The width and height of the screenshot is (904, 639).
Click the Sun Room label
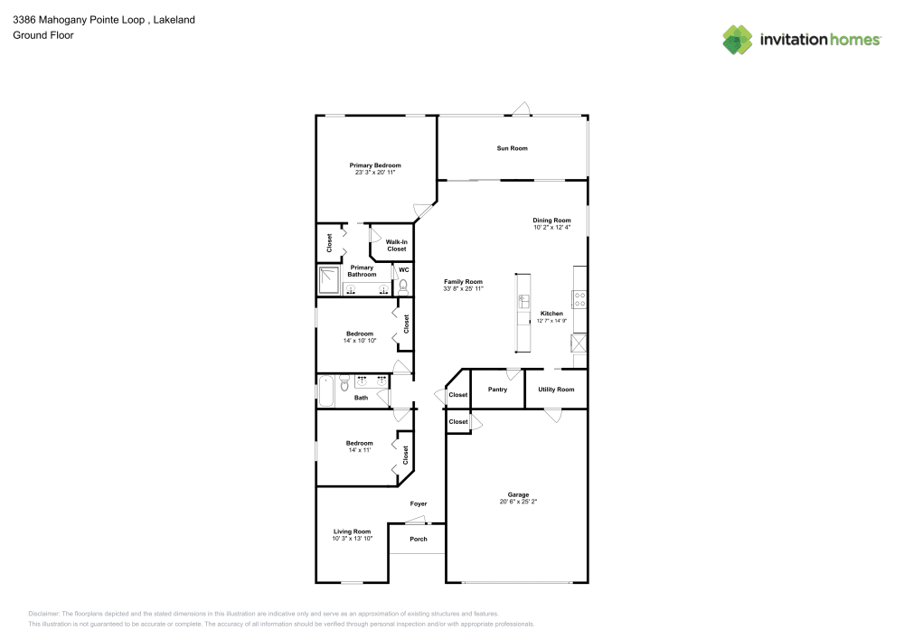(x=512, y=148)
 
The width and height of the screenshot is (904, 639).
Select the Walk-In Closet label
(x=396, y=245)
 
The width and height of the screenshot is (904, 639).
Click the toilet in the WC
(x=403, y=285)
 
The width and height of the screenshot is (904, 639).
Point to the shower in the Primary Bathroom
(x=329, y=281)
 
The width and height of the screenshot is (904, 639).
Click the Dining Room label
(x=551, y=221)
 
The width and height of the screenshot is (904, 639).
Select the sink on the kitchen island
(x=523, y=302)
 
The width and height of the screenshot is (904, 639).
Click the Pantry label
(x=497, y=390)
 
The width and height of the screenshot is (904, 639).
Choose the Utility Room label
(x=556, y=390)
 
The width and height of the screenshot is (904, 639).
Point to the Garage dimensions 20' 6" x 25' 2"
(x=518, y=502)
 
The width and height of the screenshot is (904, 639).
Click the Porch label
(x=419, y=540)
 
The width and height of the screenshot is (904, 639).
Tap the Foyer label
(x=419, y=503)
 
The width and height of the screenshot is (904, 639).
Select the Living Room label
(x=352, y=531)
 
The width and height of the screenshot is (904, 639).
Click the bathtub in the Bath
(x=327, y=392)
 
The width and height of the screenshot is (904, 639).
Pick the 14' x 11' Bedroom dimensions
(x=359, y=450)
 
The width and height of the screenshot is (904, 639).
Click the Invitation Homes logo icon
(x=737, y=39)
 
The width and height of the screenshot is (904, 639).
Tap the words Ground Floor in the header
(x=42, y=35)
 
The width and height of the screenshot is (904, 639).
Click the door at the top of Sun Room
(x=521, y=109)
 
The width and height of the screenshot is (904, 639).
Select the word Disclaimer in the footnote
(x=44, y=613)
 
